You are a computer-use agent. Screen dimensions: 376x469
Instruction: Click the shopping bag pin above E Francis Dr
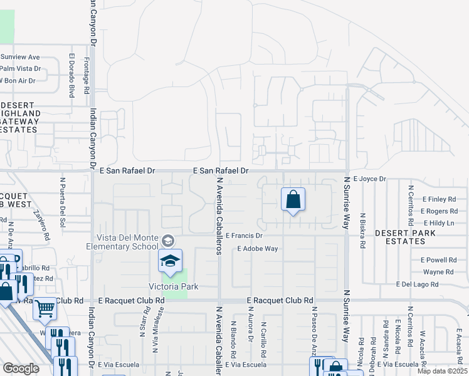pyautogui.click(x=293, y=201)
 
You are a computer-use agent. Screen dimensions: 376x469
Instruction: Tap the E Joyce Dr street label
pyautogui.click(x=371, y=179)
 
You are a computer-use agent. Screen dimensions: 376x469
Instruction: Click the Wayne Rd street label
pyautogui.click(x=438, y=272)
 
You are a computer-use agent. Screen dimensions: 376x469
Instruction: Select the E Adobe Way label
pyautogui.click(x=257, y=249)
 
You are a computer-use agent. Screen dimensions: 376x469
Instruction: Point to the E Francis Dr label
pyautogui.click(x=244, y=236)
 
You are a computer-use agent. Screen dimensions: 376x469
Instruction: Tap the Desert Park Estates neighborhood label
pyautogui.click(x=405, y=236)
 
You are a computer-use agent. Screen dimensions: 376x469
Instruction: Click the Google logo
pyautogui.click(x=21, y=368)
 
